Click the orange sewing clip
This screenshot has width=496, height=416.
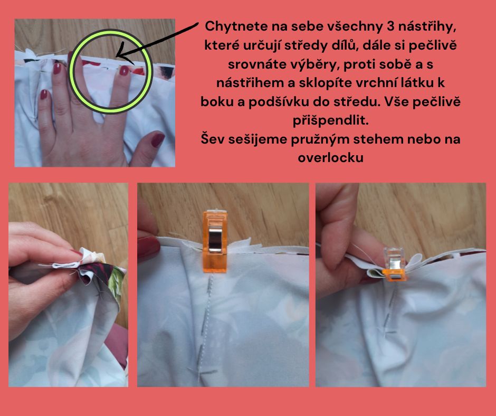(x=214, y=240)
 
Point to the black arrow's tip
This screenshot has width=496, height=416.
(x=117, y=57)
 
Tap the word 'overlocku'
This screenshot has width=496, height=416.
(x=330, y=157)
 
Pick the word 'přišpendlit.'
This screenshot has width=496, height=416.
(x=330, y=120)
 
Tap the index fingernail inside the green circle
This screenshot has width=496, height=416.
(x=124, y=70)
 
